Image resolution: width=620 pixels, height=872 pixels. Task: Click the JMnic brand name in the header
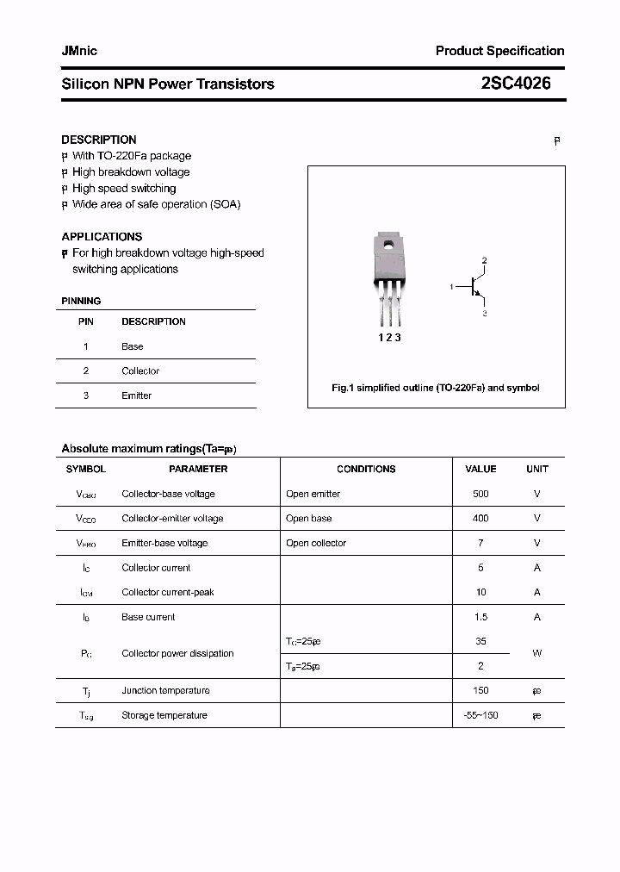point(79,51)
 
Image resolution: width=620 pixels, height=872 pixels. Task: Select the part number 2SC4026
point(516,84)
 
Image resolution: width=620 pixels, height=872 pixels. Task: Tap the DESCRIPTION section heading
point(99,140)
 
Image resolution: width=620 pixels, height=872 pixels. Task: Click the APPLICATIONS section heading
point(102,237)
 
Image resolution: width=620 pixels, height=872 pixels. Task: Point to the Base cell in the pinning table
point(132,346)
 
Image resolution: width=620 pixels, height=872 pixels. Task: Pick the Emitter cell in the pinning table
point(136,396)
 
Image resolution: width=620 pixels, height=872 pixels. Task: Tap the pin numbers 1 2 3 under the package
point(390,338)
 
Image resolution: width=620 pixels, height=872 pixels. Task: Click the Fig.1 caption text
point(436,388)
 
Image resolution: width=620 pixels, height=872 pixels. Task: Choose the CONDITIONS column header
point(366,469)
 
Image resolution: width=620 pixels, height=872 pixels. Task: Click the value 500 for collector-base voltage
point(480,494)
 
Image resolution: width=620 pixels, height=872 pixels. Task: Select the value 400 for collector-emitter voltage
point(480,518)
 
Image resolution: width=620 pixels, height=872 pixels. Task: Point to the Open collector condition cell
point(316,543)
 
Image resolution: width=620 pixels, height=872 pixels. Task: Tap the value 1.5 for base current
point(480,617)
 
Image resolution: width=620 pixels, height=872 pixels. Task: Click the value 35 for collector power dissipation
point(480,641)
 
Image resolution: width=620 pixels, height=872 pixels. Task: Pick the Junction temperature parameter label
point(165,690)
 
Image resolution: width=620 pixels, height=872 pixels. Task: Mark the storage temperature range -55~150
point(480,715)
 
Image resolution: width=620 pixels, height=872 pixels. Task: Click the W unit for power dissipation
point(536,653)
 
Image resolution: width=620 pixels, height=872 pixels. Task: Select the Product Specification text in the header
point(499,51)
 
